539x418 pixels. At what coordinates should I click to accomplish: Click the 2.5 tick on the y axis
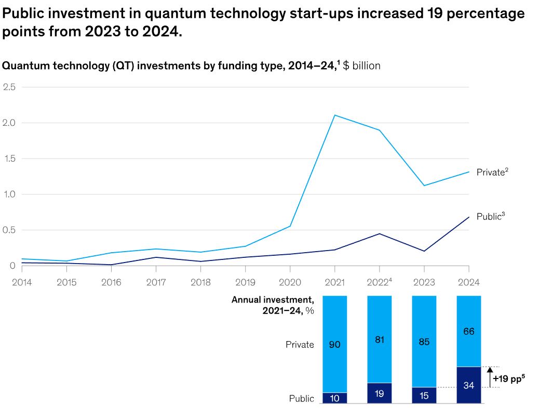9,87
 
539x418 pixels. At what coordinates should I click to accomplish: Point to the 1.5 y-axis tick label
9,159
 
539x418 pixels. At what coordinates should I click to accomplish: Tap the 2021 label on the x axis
334,282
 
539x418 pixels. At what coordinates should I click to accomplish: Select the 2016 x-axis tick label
111,282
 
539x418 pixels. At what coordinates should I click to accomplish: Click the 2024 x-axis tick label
469,282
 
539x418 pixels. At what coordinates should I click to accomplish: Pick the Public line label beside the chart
490,217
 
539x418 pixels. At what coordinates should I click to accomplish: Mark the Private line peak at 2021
334,115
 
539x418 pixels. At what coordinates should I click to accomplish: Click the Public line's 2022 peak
380,233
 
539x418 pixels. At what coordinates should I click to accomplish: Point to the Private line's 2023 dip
424,186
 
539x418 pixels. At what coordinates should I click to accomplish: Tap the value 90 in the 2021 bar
335,344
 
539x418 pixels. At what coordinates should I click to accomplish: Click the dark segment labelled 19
380,394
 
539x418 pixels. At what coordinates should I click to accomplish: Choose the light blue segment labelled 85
424,342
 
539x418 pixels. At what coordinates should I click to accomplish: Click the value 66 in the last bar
469,331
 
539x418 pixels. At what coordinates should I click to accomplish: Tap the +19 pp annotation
509,378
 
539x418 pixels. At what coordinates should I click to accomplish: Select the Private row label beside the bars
300,344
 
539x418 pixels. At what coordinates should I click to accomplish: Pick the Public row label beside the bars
301,399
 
